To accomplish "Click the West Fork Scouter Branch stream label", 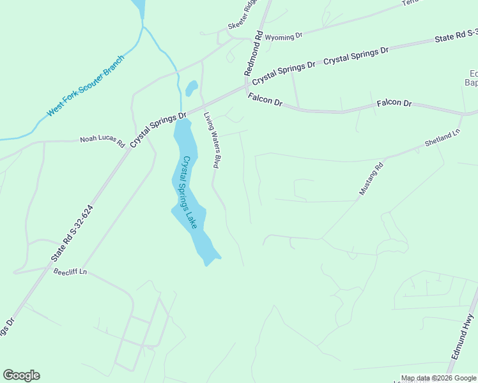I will [x=85, y=86].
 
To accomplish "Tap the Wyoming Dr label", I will [x=283, y=37].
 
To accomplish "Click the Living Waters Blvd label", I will [x=212, y=140].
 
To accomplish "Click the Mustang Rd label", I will [x=370, y=179].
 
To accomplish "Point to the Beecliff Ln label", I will [x=70, y=273].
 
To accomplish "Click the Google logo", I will [x=21, y=375].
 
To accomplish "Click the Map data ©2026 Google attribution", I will [x=439, y=378].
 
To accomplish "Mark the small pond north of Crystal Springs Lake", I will [x=191, y=87].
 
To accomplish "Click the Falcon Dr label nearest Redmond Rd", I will [x=265, y=100].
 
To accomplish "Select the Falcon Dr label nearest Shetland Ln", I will [x=394, y=103].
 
